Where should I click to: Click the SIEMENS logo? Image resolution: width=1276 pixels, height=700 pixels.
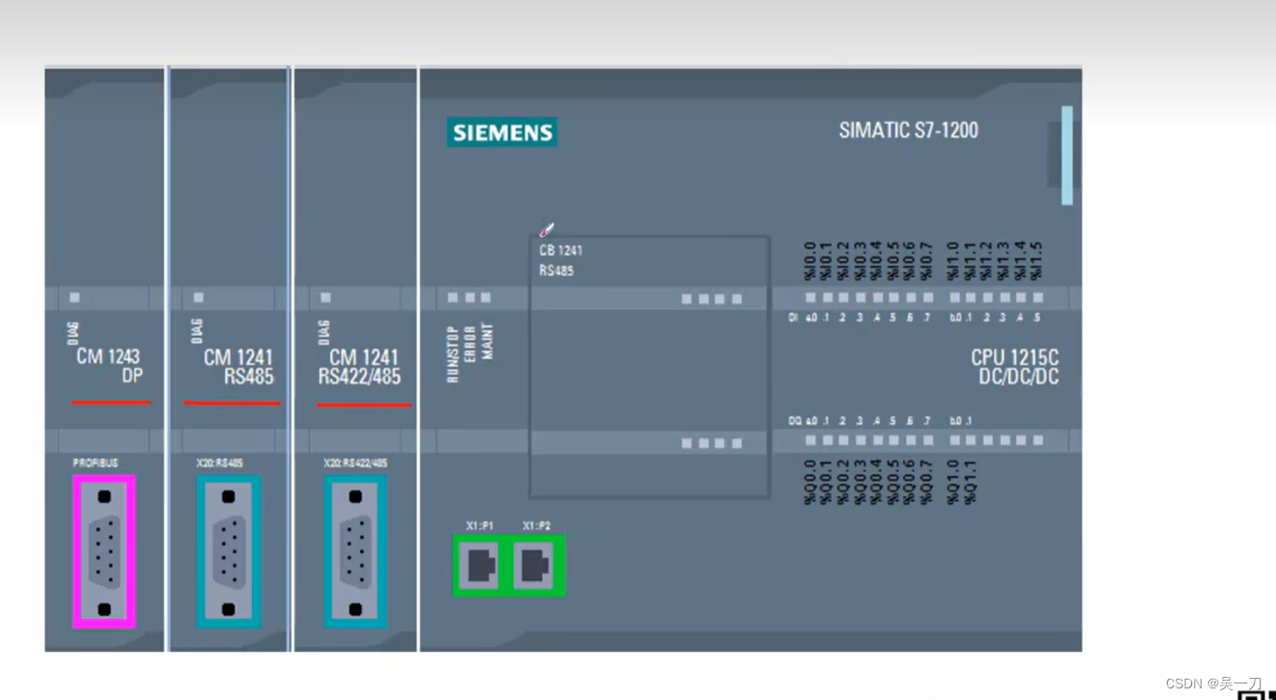[502, 132]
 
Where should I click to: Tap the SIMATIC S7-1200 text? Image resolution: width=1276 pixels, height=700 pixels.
[908, 130]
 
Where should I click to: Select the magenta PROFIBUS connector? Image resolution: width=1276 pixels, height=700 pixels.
[104, 551]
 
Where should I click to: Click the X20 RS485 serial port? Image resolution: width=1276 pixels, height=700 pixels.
[228, 552]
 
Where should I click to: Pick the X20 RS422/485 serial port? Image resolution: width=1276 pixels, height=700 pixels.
[355, 552]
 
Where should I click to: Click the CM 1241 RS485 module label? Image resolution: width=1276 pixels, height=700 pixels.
[239, 367]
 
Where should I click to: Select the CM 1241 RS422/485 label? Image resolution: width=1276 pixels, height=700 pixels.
[360, 367]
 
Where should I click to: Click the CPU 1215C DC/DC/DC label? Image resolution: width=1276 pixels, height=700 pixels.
[1015, 367]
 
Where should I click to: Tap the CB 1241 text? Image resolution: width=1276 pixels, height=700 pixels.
[560, 250]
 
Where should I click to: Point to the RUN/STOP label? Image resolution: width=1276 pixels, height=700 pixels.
[452, 353]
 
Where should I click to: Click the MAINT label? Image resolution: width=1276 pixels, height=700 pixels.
[487, 341]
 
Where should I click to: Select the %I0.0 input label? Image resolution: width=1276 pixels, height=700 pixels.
[810, 261]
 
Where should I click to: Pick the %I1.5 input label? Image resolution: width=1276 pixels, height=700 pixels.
[1037, 261]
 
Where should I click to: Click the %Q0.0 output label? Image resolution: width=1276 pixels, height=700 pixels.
[810, 481]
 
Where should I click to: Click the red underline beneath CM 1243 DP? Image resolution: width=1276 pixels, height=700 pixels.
[111, 402]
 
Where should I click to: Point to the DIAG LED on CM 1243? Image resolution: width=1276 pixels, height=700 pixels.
[74, 297]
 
